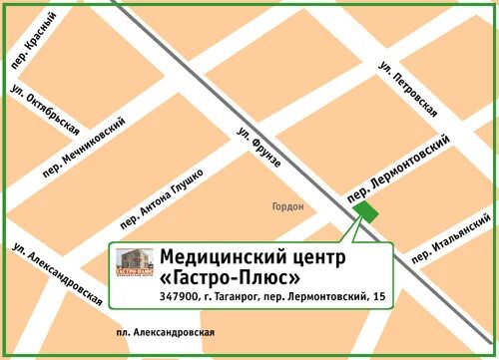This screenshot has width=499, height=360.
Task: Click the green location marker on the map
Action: pos(366,211)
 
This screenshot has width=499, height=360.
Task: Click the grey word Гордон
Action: pos(286,207)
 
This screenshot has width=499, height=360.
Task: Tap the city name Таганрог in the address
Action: pos(234,296)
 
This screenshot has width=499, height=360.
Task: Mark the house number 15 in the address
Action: pos(378,296)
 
